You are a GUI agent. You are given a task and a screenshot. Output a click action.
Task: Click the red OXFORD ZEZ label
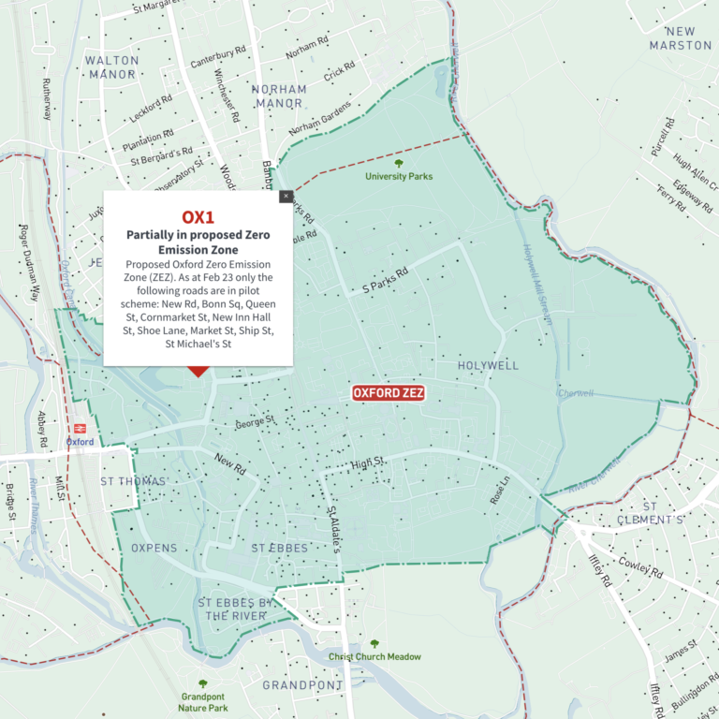(389, 393)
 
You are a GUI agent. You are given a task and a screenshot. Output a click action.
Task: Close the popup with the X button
(286, 196)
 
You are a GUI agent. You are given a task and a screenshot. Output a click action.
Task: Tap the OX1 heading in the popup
(198, 216)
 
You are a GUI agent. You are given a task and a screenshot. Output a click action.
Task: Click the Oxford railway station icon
(79, 426)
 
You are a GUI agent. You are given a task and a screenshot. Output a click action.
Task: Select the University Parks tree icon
(399, 163)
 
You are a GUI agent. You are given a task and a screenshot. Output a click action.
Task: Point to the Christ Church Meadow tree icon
(374, 644)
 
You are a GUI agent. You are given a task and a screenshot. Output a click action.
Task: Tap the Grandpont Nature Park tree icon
(202, 684)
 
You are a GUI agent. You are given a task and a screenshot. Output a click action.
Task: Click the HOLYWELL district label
(488, 365)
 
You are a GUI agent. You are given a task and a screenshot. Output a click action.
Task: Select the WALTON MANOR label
(111, 67)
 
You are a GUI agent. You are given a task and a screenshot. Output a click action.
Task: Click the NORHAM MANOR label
(279, 96)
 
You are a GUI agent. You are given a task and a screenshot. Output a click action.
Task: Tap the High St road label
(369, 462)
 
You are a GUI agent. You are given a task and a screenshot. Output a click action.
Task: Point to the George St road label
(256, 423)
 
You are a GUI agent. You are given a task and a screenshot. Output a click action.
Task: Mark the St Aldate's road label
(332, 529)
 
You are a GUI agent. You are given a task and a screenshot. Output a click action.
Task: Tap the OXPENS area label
(154, 548)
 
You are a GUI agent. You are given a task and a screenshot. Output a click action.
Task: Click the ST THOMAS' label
(134, 481)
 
